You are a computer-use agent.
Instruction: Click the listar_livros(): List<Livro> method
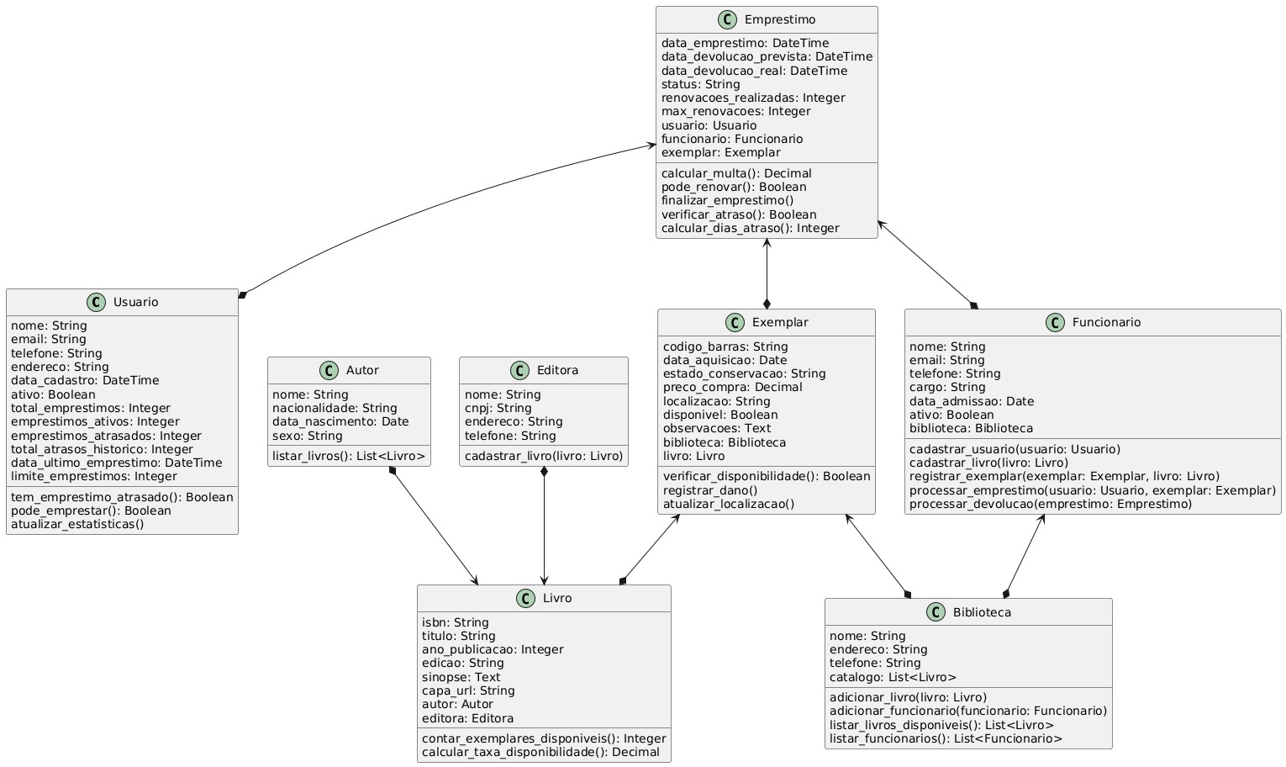[x=348, y=456]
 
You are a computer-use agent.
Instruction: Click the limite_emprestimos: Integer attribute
[x=93, y=476]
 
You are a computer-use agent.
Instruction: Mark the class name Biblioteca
[x=982, y=612]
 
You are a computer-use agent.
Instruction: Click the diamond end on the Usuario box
[x=242, y=294]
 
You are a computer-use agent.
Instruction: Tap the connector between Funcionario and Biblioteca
[x=1024, y=555]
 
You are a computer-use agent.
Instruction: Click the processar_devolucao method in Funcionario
[x=1050, y=504]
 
